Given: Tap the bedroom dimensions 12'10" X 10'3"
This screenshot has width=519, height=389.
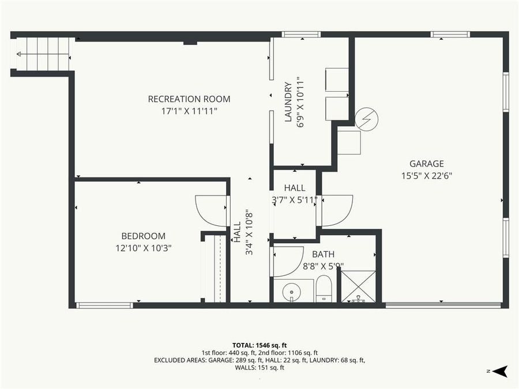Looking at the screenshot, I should (143, 248).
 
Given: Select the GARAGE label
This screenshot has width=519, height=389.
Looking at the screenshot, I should (426, 164).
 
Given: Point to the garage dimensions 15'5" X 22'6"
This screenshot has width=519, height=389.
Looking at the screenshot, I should (426, 176).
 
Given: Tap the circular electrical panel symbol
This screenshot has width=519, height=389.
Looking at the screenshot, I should (366, 119).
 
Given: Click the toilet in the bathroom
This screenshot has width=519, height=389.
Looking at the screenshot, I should (324, 288).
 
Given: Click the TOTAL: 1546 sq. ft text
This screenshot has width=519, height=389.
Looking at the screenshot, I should (259, 344).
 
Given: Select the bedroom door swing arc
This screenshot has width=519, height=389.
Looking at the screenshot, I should (210, 211).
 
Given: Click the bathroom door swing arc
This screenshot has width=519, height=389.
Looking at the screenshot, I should (288, 261).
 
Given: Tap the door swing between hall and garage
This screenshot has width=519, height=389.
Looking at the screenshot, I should (337, 211).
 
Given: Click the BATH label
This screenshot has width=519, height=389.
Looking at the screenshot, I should (323, 254).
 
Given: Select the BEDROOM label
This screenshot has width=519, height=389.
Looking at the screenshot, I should (143, 236).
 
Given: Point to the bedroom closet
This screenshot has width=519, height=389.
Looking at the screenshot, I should (215, 267).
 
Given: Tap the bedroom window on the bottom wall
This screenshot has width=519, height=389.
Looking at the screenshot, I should (104, 305).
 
